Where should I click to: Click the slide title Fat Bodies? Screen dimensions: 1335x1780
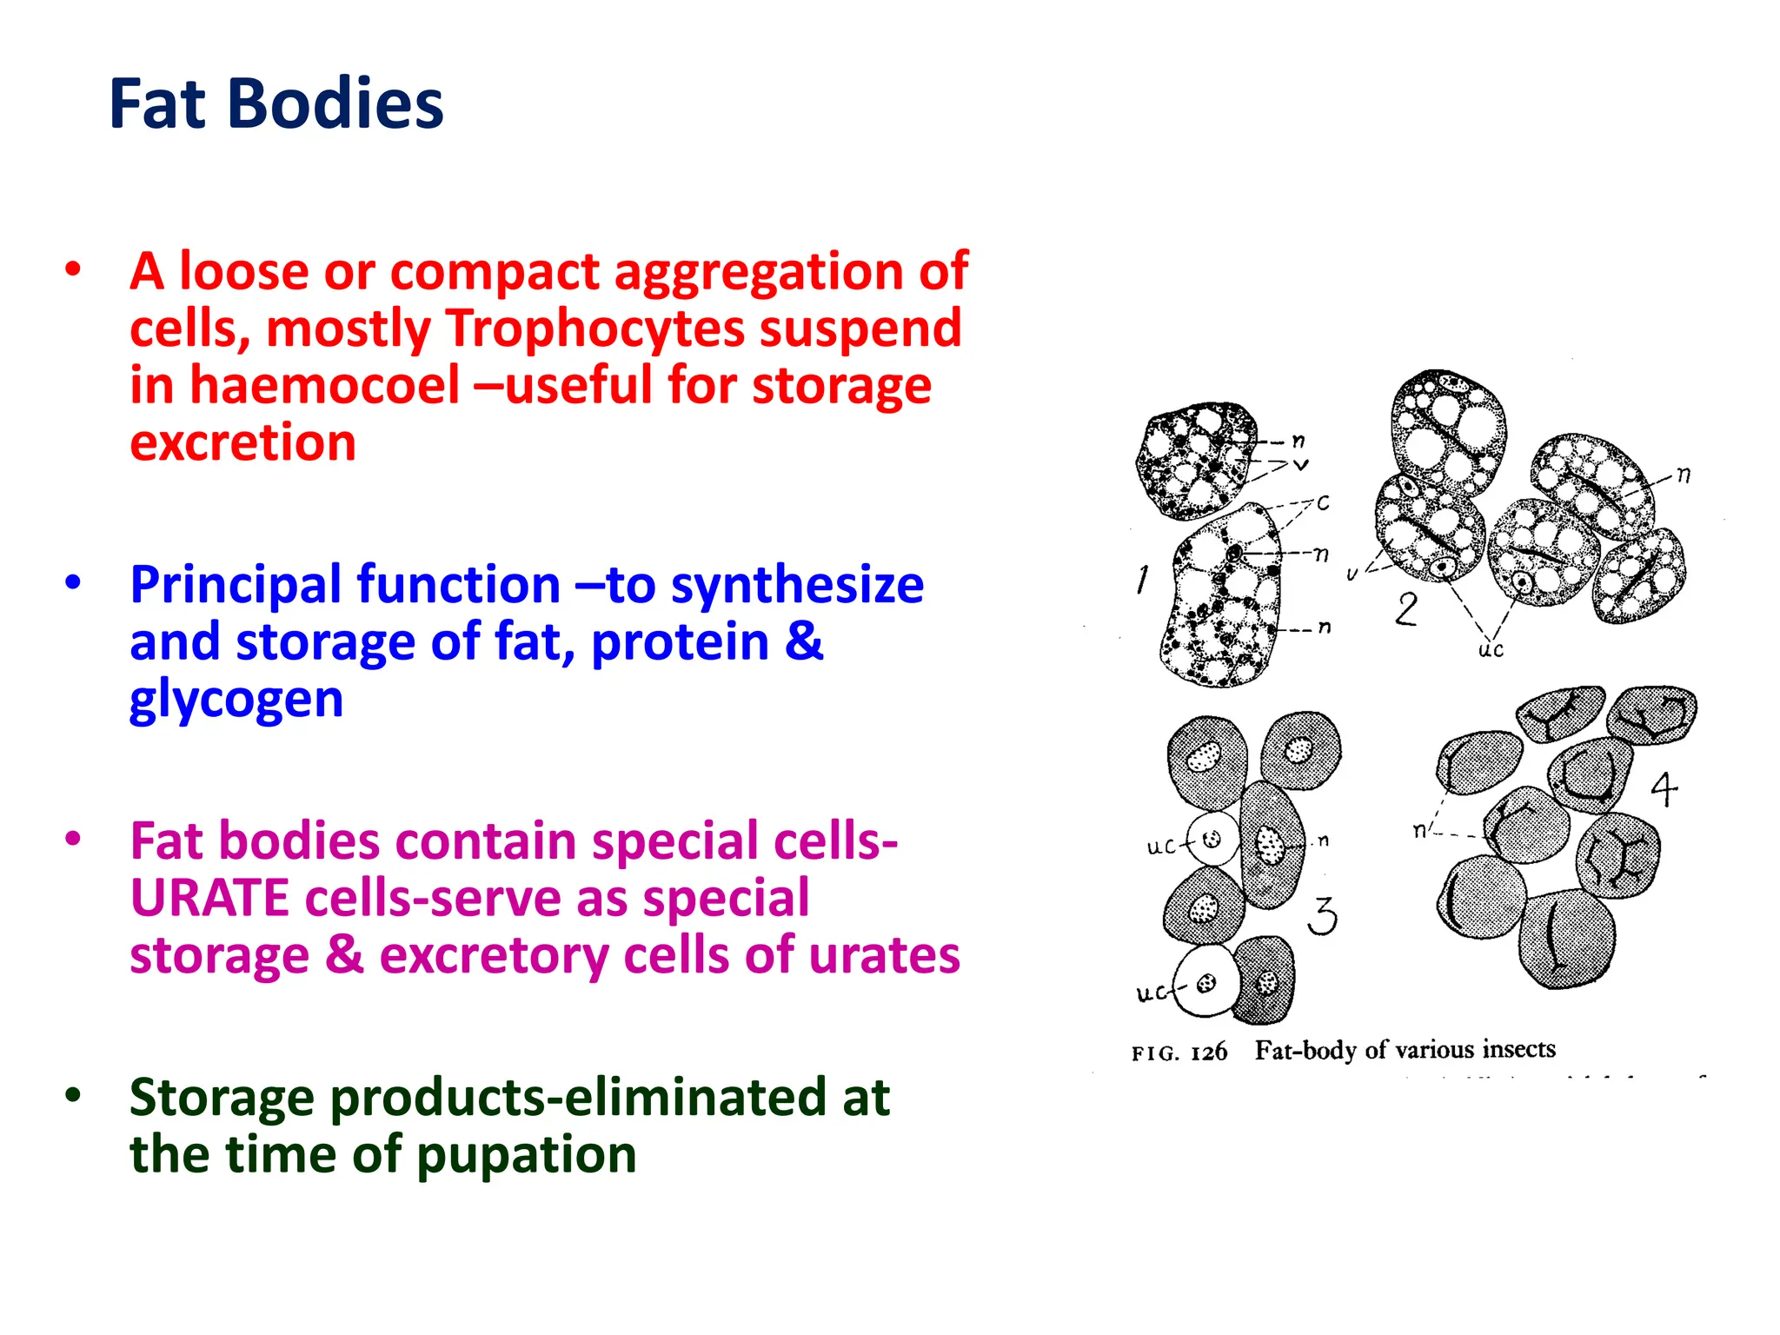[276, 104]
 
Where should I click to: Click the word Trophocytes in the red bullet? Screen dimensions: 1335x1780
[595, 329]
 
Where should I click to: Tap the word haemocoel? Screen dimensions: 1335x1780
[324, 385]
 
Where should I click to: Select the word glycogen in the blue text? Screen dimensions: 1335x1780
[236, 700]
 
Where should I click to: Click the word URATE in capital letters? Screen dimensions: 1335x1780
[209, 898]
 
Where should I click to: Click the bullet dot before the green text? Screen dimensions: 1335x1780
[73, 1095]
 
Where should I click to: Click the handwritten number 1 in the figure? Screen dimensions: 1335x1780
[1142, 580]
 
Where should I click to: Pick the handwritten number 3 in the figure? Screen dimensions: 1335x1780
[1322, 916]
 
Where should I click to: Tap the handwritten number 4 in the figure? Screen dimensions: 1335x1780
[1664, 789]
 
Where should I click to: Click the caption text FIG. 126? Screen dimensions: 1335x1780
[1179, 1053]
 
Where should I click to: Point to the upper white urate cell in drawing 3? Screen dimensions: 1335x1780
[1212, 839]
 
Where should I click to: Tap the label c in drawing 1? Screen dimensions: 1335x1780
[1323, 502]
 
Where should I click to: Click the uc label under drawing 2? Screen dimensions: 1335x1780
[1491, 649]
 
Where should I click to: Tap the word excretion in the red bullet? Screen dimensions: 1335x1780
[242, 442]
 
